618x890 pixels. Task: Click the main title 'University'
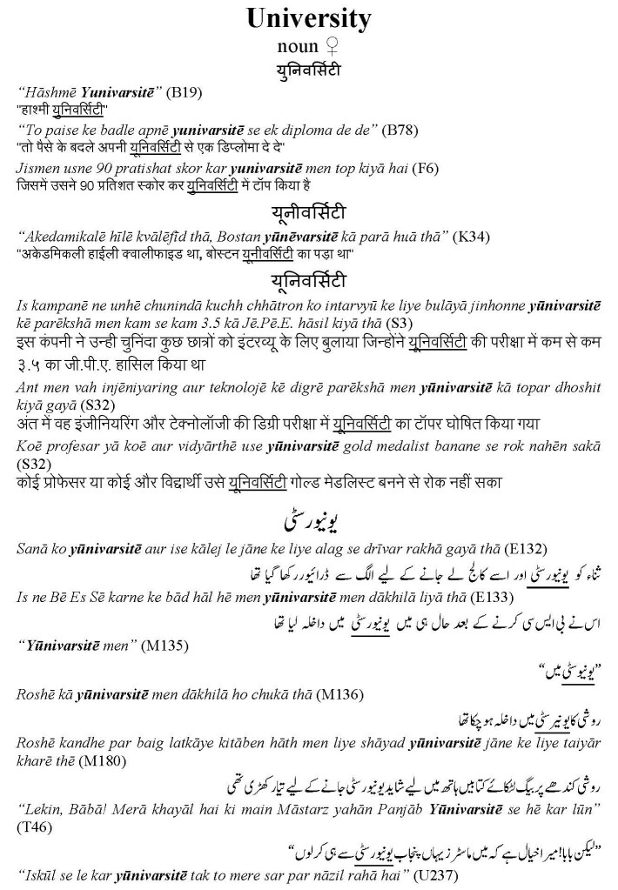point(308,18)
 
